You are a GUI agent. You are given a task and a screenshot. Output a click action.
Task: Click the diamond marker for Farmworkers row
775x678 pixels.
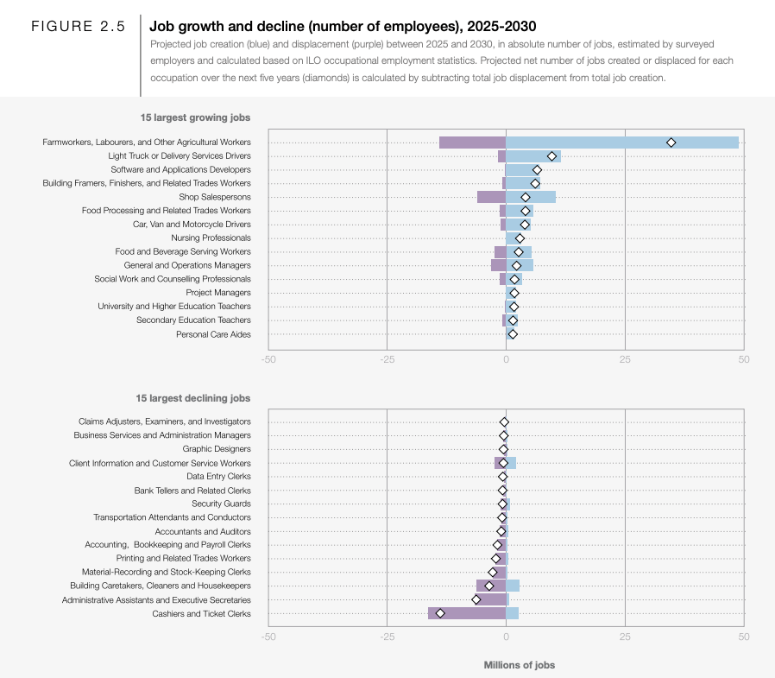[x=671, y=143]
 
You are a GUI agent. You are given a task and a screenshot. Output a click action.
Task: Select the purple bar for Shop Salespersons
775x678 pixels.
[x=491, y=197]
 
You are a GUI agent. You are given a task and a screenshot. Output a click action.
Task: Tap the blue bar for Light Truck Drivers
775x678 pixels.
[x=533, y=156]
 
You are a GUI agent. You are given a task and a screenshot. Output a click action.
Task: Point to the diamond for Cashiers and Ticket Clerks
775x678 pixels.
[x=440, y=613]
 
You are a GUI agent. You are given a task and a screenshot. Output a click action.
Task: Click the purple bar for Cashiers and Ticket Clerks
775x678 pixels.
[x=467, y=613]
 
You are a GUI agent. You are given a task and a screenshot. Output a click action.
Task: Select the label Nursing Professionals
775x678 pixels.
[x=211, y=238]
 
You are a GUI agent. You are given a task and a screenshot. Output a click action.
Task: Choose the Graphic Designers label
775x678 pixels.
[x=217, y=449]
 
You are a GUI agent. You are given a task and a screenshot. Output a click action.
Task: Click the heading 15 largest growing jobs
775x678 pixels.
[x=195, y=117]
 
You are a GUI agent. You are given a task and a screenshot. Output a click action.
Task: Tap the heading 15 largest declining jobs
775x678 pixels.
[x=193, y=398]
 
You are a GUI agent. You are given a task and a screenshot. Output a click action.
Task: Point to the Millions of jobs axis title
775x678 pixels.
[x=519, y=665]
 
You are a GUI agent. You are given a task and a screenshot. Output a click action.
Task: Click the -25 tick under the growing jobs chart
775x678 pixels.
[x=387, y=359]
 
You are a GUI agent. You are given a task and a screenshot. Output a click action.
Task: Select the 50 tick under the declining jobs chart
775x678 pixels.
[x=744, y=637]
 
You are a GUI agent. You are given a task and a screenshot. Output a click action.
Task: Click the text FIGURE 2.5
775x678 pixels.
[x=78, y=26]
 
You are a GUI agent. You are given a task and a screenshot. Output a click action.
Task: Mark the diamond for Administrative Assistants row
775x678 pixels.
[x=476, y=600]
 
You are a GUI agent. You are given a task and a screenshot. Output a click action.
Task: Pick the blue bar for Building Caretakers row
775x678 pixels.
[x=513, y=586]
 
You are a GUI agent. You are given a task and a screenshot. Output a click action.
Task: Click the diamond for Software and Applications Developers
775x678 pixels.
[x=537, y=170]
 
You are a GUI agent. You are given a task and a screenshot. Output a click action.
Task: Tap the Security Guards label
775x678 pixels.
[x=221, y=504]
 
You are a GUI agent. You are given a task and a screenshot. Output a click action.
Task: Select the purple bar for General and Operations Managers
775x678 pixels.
[x=498, y=265]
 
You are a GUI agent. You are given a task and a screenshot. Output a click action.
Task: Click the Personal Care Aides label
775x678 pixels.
[x=213, y=334]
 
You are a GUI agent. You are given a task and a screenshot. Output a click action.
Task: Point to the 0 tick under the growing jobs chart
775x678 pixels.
[x=506, y=359]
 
